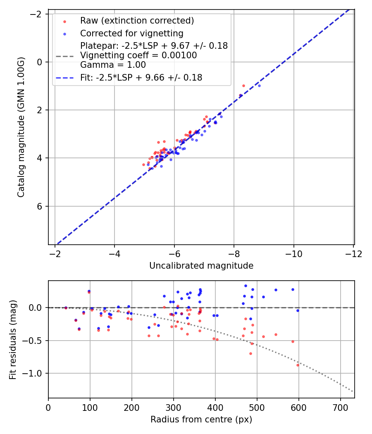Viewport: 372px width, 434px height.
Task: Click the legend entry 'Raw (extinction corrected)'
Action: point(137,21)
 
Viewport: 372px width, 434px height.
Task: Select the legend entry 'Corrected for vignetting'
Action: point(132,33)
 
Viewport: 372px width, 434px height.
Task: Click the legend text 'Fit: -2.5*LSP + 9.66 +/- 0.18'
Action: point(141,77)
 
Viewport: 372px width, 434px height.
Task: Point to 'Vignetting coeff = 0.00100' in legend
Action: point(138,55)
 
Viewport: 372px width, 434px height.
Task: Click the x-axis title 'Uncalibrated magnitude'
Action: point(201,266)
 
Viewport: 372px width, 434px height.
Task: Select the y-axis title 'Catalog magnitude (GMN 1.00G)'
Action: point(21,127)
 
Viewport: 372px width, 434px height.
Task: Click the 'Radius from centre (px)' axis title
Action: point(201,420)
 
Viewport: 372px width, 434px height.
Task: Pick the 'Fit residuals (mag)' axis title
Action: point(13,339)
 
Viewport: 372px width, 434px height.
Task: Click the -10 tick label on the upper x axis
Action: point(293,254)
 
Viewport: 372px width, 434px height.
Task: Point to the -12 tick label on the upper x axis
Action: point(353,254)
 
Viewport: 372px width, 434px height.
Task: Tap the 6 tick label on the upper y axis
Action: point(39,206)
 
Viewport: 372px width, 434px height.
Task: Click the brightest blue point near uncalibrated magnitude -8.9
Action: point(259,86)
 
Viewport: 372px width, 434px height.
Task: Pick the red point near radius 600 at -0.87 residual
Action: point(298,365)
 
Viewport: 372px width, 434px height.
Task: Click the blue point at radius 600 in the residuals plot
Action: point(298,310)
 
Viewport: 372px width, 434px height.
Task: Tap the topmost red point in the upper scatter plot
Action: point(243,86)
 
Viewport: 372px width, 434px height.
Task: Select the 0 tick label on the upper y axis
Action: point(39,62)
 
